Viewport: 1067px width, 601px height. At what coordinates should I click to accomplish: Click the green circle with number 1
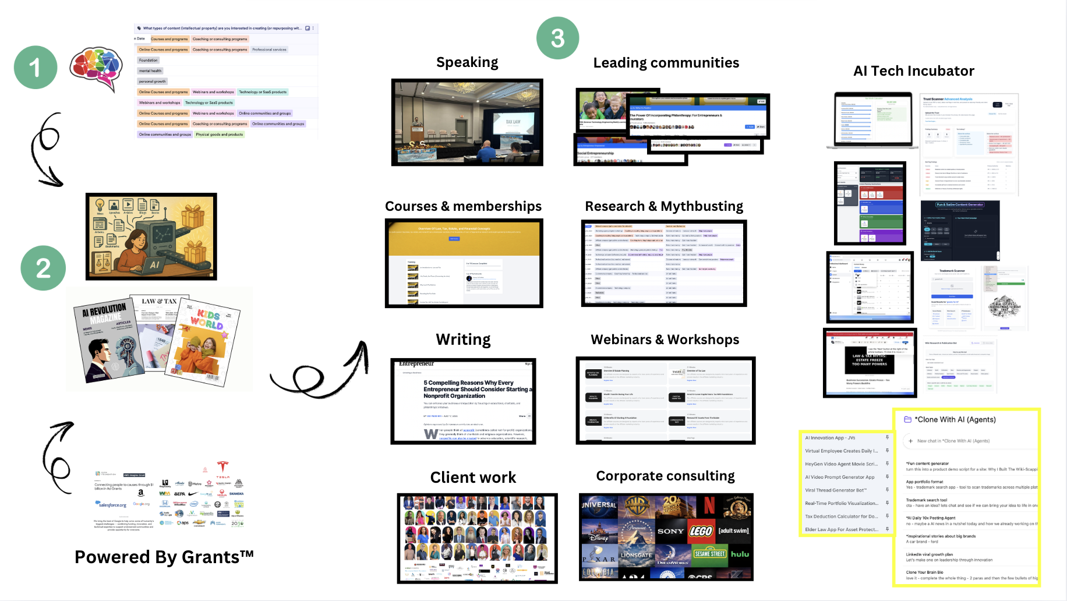36,68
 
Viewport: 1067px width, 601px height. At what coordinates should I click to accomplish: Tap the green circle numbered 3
557,38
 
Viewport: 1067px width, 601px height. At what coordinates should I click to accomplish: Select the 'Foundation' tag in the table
149,60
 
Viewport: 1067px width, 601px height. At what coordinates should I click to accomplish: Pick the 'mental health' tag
150,71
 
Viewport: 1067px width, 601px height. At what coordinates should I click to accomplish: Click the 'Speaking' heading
467,62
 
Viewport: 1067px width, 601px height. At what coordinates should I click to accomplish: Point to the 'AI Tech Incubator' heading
913,71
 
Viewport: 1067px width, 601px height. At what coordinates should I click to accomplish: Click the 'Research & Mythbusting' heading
664,206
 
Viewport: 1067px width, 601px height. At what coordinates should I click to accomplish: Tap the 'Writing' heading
463,340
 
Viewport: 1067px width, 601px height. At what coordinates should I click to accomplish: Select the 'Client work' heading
473,478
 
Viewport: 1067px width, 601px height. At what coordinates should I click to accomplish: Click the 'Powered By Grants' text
164,557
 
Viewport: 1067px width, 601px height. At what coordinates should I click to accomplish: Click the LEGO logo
701,531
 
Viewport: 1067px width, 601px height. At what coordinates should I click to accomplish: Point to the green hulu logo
740,554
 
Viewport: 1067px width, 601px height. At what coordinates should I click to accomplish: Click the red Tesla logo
222,466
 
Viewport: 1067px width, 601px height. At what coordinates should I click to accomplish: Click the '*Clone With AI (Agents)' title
955,420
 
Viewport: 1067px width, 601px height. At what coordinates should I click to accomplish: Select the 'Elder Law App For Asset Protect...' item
841,529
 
